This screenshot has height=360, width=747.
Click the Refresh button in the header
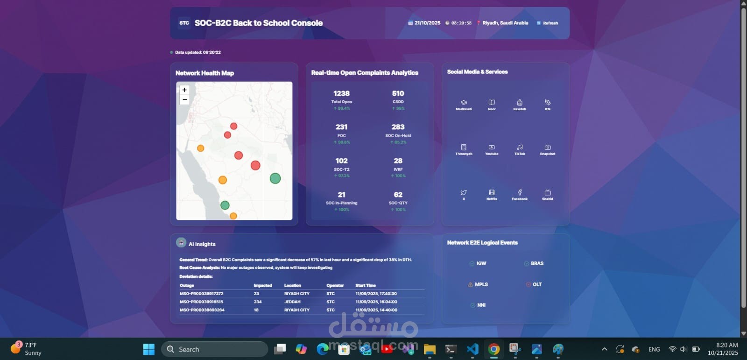(548, 23)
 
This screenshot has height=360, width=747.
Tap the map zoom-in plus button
(184, 90)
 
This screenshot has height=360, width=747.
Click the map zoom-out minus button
(184, 99)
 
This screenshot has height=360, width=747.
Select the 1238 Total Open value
(341, 94)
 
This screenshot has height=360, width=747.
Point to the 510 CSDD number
(398, 94)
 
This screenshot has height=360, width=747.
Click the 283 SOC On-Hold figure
(398, 127)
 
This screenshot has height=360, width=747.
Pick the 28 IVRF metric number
(398, 161)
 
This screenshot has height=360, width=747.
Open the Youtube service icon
(492, 148)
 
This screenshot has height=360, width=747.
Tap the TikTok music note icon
(520, 148)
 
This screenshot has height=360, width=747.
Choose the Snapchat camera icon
(548, 148)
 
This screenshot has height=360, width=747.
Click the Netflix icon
(492, 192)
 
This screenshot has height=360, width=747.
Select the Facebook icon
(520, 192)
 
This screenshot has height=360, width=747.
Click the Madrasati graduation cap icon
(464, 103)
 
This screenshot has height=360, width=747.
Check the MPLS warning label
(481, 284)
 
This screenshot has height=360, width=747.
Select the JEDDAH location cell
(292, 302)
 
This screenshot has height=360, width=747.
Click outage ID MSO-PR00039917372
(202, 294)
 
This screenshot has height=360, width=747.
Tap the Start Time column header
(365, 285)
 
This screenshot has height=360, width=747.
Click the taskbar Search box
(215, 349)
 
